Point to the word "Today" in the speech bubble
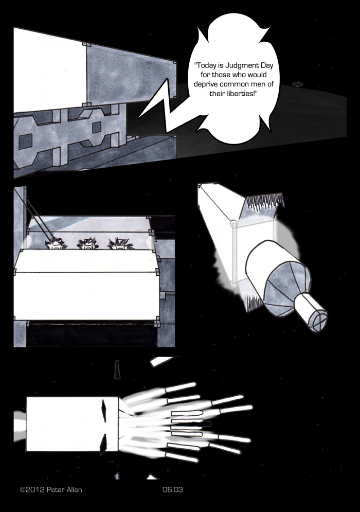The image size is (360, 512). tap(205, 65)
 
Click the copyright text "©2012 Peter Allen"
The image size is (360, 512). tap(51, 489)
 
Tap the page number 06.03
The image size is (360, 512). tap(173, 489)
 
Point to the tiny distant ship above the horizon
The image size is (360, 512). tap(297, 84)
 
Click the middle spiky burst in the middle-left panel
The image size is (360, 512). tap(87, 244)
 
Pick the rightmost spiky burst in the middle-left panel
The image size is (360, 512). tap(119, 244)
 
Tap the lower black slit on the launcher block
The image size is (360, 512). tap(104, 444)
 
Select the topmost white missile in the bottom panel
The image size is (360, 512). tap(181, 387)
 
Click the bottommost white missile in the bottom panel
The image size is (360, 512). tap(182, 456)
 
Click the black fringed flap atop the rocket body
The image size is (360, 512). tap(265, 202)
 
